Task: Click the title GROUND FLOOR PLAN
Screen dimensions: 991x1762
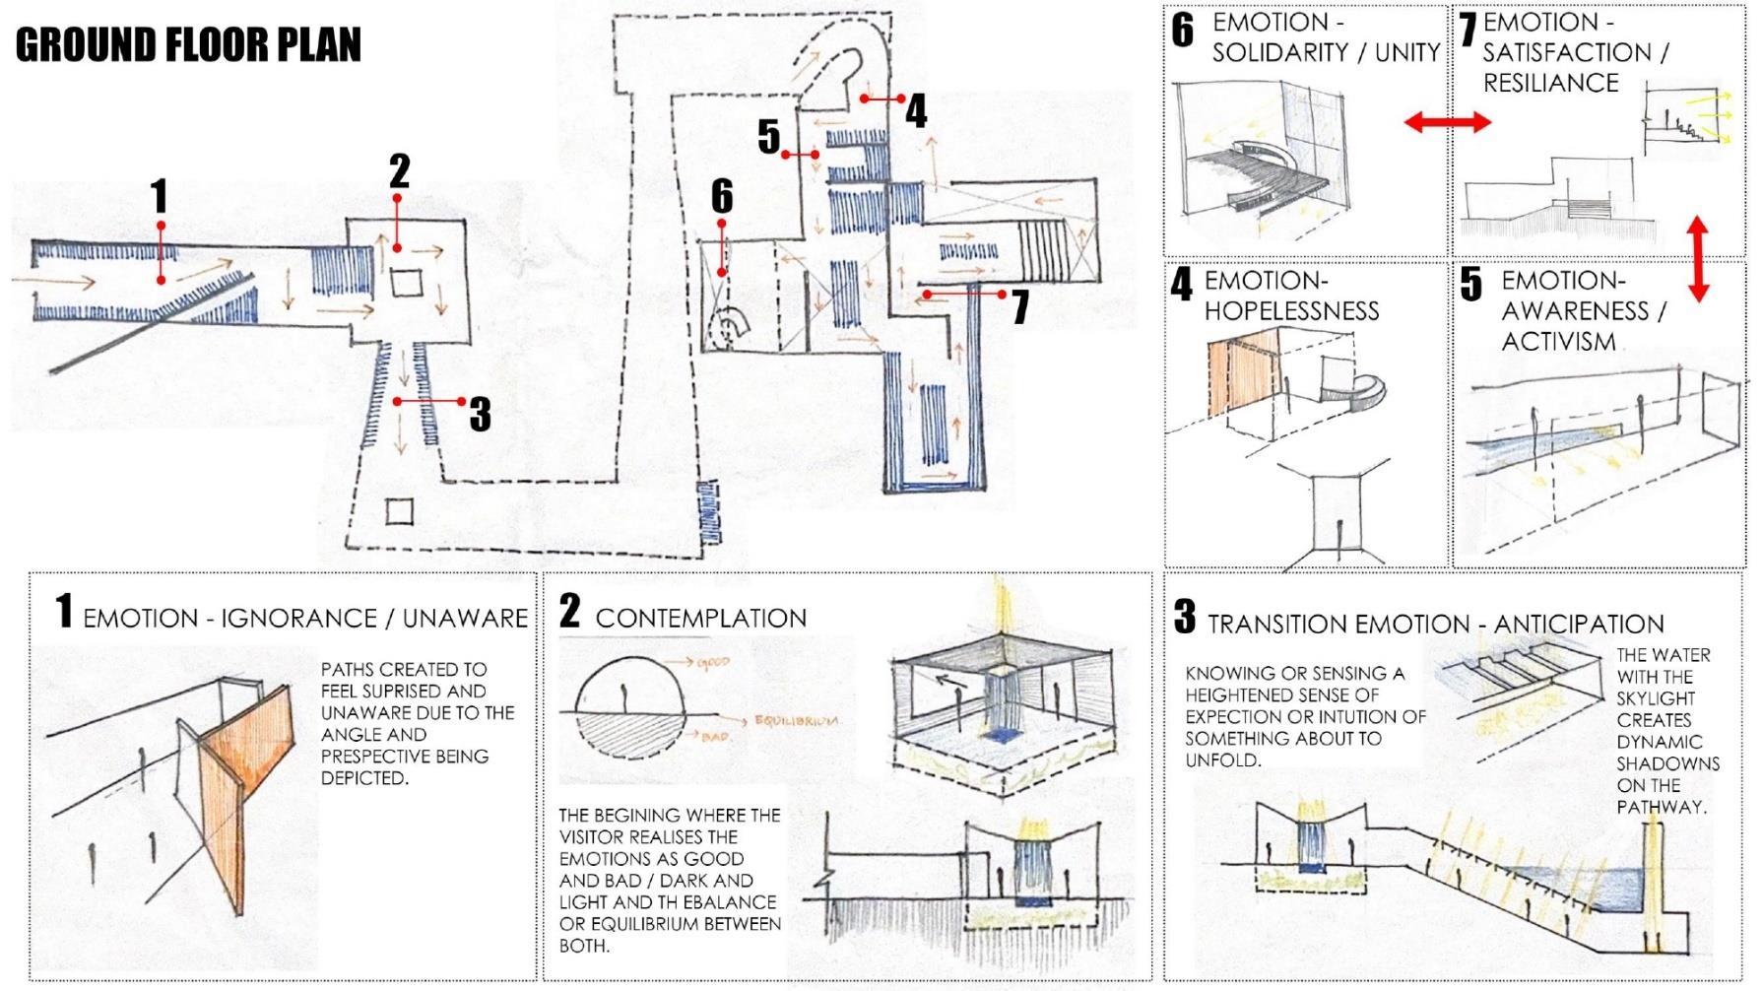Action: pos(188,45)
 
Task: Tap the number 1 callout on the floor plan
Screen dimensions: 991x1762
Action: pos(160,197)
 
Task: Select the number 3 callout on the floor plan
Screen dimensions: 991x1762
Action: pos(480,414)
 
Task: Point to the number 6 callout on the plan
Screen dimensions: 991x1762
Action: pos(722,196)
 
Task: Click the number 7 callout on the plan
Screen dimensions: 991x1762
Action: pos(1020,306)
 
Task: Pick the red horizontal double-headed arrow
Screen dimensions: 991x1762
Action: pos(1447,122)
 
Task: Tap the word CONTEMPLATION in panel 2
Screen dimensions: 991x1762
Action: pos(700,619)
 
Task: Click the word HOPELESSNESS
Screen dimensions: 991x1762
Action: pos(1291,311)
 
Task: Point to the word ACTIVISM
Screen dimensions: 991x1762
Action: pos(1558,342)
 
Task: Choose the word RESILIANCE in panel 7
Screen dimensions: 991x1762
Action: pos(1550,83)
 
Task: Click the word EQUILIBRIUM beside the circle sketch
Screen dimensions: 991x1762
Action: pos(796,720)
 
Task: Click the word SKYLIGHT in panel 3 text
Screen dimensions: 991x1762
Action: pos(1655,698)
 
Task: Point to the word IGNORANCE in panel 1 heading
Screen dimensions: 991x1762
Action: pos(298,619)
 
